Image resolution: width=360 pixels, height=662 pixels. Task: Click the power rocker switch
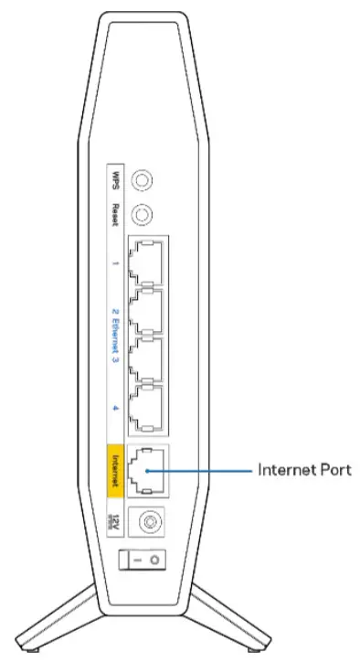tap(143, 557)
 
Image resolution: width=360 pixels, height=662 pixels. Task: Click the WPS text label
tap(115, 176)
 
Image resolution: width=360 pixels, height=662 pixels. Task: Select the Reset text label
tap(115, 217)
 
